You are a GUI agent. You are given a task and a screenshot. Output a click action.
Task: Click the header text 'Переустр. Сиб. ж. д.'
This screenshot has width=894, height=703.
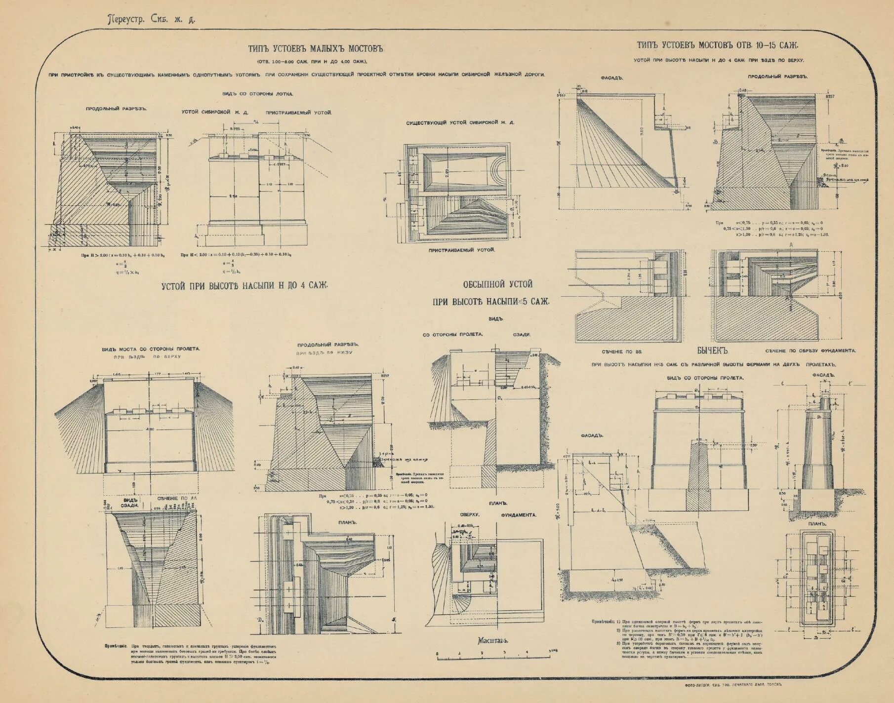point(152,20)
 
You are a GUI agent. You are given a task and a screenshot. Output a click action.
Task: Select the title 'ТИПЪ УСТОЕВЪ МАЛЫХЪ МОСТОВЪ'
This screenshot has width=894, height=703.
point(315,49)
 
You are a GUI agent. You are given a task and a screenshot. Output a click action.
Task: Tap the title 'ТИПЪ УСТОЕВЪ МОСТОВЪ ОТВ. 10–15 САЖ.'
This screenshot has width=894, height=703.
point(717,45)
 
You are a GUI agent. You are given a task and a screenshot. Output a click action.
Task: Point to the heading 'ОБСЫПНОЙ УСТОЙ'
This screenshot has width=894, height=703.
point(497,284)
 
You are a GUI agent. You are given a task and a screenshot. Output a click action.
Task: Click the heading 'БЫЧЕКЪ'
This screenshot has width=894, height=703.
point(713,351)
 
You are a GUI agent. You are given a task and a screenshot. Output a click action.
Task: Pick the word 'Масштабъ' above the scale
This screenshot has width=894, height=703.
point(493,641)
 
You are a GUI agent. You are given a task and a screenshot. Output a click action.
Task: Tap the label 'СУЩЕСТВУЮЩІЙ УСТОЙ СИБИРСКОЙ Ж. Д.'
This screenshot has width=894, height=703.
point(460,122)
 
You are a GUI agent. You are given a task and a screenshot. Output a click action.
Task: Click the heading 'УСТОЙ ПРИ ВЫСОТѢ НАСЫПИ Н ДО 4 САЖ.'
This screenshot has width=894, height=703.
point(244,285)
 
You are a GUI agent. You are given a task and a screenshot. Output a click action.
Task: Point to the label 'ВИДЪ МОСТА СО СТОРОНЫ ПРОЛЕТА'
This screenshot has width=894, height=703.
point(151,349)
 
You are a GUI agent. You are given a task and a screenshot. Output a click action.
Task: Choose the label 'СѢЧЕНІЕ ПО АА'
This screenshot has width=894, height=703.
point(177,499)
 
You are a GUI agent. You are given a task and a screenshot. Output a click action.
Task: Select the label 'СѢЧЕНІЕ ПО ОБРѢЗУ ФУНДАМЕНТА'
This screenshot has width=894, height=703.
point(811,351)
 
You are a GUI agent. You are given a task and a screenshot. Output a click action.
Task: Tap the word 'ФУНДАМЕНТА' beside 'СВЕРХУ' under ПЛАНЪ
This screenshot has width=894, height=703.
point(519,515)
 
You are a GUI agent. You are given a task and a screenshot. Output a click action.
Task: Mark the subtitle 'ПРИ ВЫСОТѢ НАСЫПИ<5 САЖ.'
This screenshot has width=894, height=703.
point(491,302)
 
